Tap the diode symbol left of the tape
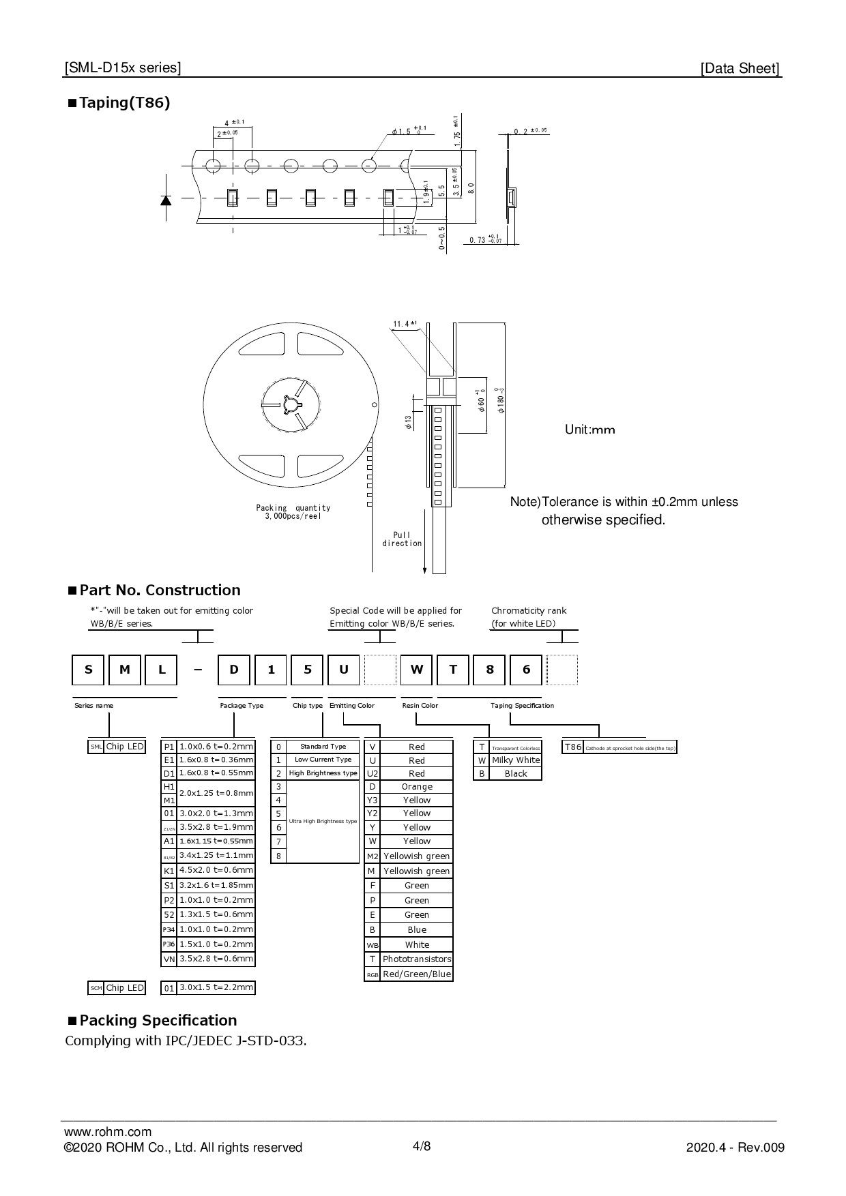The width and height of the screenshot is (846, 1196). (x=166, y=199)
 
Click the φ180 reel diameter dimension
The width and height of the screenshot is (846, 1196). (x=501, y=400)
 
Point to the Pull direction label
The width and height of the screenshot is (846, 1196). (x=402, y=539)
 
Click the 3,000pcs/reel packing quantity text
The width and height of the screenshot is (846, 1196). (x=293, y=516)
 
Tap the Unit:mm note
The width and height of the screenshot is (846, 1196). (x=589, y=430)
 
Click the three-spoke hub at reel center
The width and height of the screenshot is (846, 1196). (x=291, y=404)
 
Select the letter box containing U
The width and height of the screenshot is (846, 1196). (x=344, y=670)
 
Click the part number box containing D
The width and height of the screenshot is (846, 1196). (x=234, y=670)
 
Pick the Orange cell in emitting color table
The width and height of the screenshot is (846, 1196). (x=416, y=787)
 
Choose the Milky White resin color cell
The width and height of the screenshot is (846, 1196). (x=516, y=760)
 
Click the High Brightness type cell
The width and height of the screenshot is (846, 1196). (x=323, y=773)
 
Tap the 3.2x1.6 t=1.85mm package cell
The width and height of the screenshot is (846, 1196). (x=216, y=885)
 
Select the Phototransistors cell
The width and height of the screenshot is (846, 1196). (x=416, y=959)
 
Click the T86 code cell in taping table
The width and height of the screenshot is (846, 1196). (x=573, y=747)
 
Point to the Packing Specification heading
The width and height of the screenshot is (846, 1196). (x=158, y=1021)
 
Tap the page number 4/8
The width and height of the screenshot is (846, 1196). (x=422, y=1146)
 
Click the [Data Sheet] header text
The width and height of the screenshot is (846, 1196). (x=740, y=68)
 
